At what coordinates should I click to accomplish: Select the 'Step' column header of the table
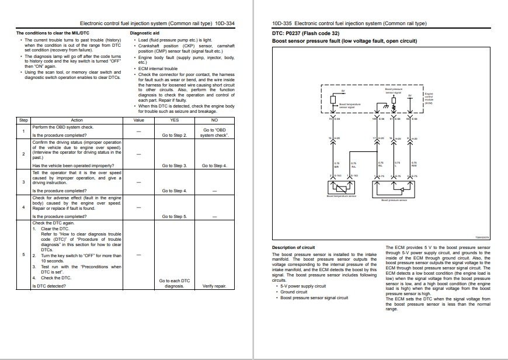click(23, 120)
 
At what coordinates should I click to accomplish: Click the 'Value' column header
click(138, 120)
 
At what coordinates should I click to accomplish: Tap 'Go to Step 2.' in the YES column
click(175, 135)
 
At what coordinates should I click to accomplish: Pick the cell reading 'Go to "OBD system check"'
click(214, 132)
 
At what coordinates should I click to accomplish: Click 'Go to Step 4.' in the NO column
click(214, 165)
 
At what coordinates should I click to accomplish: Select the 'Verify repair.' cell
click(214, 286)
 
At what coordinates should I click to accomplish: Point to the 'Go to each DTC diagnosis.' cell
click(175, 283)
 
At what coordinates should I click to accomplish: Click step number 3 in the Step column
click(23, 182)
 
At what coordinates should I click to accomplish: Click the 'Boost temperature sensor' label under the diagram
click(340, 196)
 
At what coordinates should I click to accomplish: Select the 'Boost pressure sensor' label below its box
click(393, 200)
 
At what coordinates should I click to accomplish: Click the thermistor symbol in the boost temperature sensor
click(341, 186)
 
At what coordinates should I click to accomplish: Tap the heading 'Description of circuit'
click(293, 248)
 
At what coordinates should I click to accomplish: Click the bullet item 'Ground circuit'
click(294, 292)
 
